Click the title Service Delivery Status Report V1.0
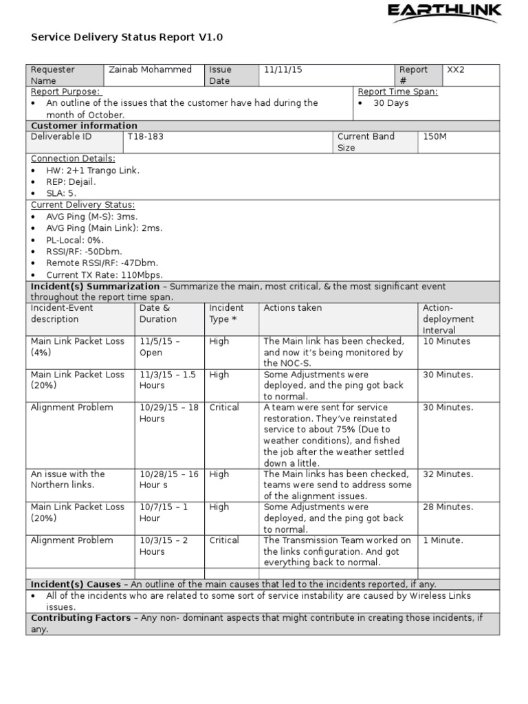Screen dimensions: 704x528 click(x=127, y=37)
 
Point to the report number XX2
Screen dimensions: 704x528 click(x=456, y=69)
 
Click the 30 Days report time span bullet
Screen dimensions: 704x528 click(x=390, y=103)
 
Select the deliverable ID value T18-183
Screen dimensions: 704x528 click(x=145, y=136)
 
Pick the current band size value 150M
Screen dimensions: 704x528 click(x=434, y=136)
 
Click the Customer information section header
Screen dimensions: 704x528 click(x=84, y=126)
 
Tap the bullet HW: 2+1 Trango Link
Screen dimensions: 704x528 click(x=92, y=170)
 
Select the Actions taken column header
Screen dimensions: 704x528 click(x=292, y=308)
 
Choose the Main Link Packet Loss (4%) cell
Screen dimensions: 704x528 click(x=77, y=346)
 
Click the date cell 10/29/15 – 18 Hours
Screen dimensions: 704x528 click(x=168, y=412)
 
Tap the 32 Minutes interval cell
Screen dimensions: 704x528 click(x=448, y=474)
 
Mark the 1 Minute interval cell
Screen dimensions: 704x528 click(x=443, y=540)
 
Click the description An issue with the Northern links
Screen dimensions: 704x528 click(x=67, y=479)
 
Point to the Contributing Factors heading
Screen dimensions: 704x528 click(x=80, y=618)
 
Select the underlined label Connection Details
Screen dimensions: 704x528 click(x=73, y=158)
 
